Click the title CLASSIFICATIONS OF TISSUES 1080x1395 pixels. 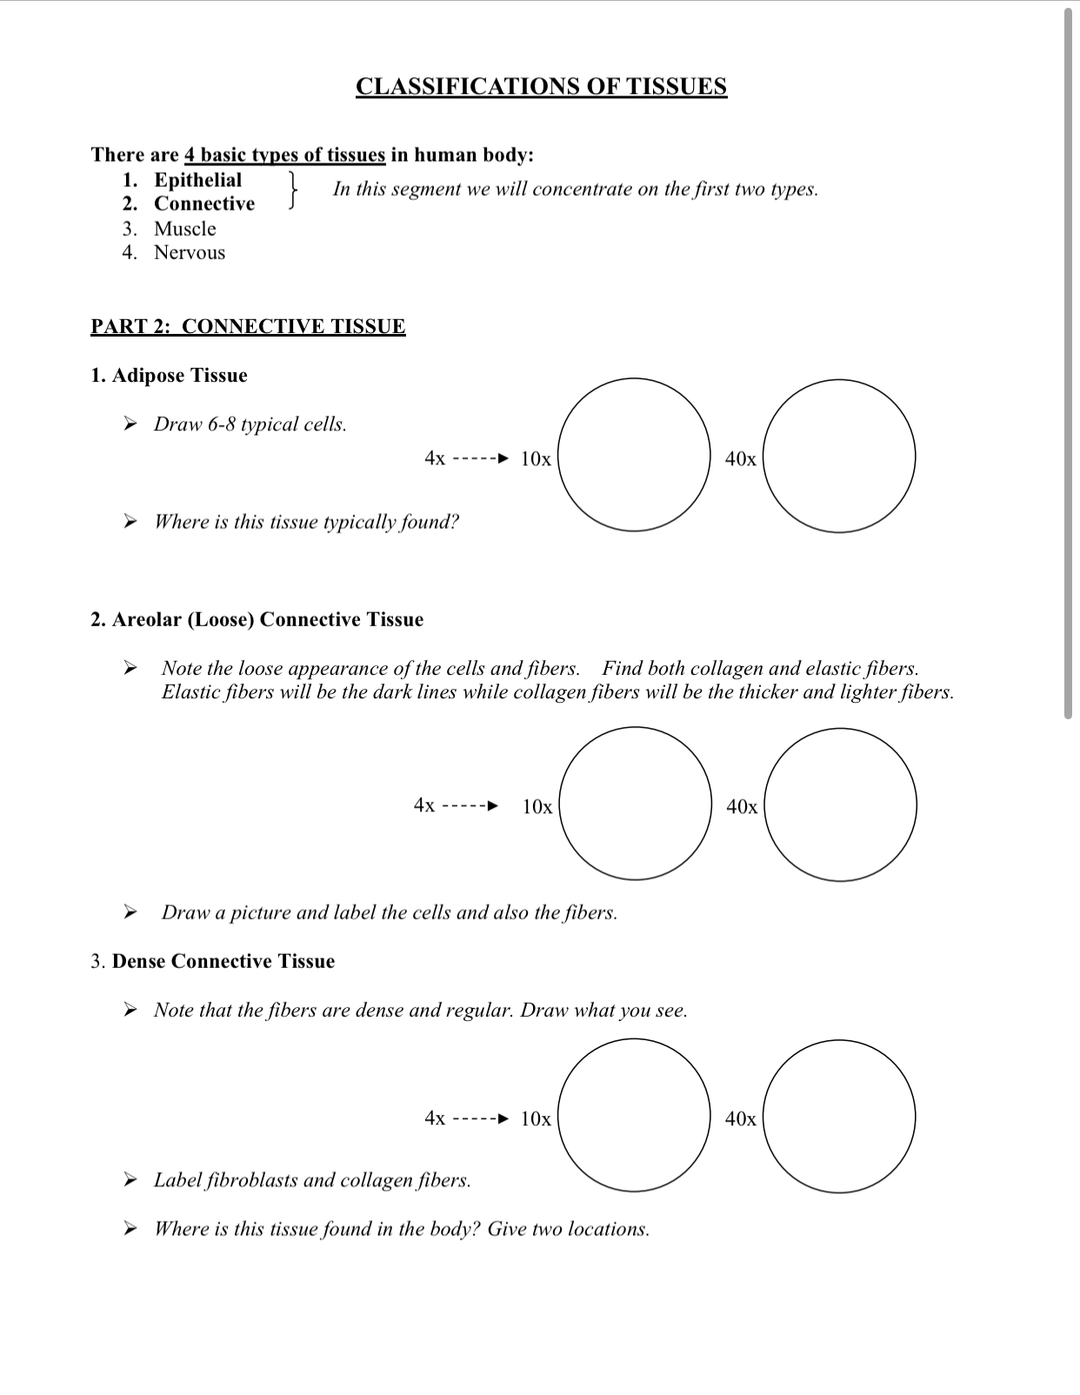point(541,86)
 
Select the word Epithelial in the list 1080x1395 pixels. point(197,180)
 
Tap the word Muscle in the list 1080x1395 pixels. point(184,229)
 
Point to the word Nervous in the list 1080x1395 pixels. point(189,253)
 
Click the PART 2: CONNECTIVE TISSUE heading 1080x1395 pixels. point(248,326)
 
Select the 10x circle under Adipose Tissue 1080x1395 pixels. point(634,455)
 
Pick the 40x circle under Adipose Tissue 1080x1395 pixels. point(838,455)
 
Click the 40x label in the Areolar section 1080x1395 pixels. point(742,807)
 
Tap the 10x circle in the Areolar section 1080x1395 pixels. point(636,804)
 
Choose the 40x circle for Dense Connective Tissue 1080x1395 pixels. point(838,1116)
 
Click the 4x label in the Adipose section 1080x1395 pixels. point(435,457)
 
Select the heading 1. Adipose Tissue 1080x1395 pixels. point(169,376)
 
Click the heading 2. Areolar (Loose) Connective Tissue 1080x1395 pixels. point(257,619)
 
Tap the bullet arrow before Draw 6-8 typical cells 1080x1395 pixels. point(130,424)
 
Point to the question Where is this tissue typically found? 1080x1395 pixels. point(306,522)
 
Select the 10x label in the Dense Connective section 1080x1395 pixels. point(536,1118)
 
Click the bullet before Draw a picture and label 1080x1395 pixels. point(130,912)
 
